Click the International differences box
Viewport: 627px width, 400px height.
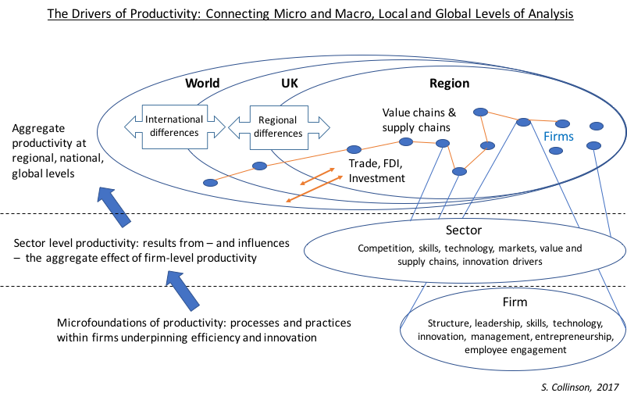pyautogui.click(x=174, y=127)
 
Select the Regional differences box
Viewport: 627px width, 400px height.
pyautogui.click(x=277, y=127)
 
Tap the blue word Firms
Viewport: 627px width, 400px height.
pyautogui.click(x=558, y=137)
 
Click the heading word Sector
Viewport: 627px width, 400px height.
pyautogui.click(x=464, y=230)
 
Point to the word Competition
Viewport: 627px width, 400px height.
pyautogui.click(x=380, y=248)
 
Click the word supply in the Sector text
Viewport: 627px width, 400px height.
pyautogui.click(x=413, y=261)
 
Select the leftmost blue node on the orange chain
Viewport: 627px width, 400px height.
pyautogui.click(x=210, y=183)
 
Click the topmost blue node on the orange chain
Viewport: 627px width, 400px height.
pyautogui.click(x=481, y=112)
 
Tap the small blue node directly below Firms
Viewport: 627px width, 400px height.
pyautogui.click(x=556, y=151)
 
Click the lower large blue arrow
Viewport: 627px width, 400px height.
pyautogui.click(x=183, y=290)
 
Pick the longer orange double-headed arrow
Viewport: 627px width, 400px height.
pyautogui.click(x=315, y=189)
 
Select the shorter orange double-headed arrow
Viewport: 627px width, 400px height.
pyautogui.click(x=318, y=176)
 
